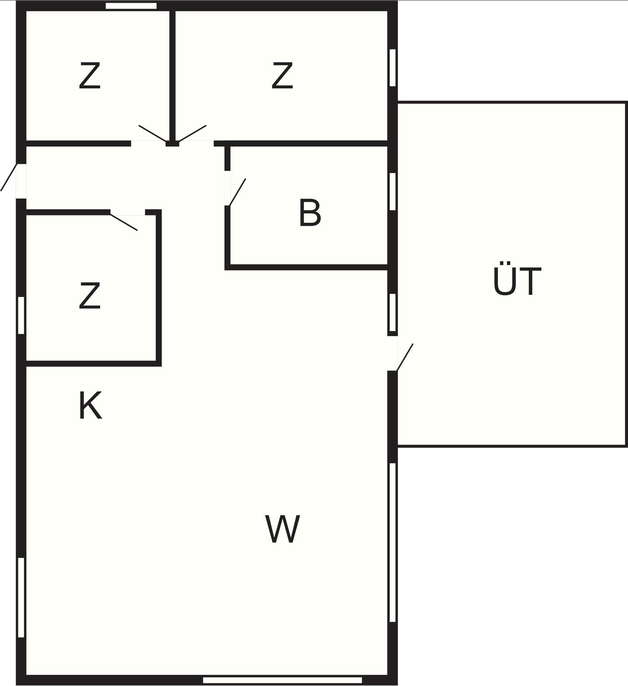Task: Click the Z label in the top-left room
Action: click(90, 76)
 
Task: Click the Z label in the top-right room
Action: click(282, 76)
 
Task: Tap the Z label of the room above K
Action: click(90, 295)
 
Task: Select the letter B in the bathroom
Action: click(310, 213)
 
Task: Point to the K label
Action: click(90, 405)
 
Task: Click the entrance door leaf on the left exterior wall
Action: click(9, 177)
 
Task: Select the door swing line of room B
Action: click(237, 192)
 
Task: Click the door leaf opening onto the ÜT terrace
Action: click(405, 357)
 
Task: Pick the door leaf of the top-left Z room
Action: click(153, 133)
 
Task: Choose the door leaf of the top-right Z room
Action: click(192, 133)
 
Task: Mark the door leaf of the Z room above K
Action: click(124, 222)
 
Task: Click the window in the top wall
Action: click(131, 6)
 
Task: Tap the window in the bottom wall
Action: click(282, 680)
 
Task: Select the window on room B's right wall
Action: click(392, 192)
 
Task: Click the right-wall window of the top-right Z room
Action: click(392, 68)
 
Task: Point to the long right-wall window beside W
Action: click(392, 543)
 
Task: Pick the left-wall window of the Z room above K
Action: click(21, 315)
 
